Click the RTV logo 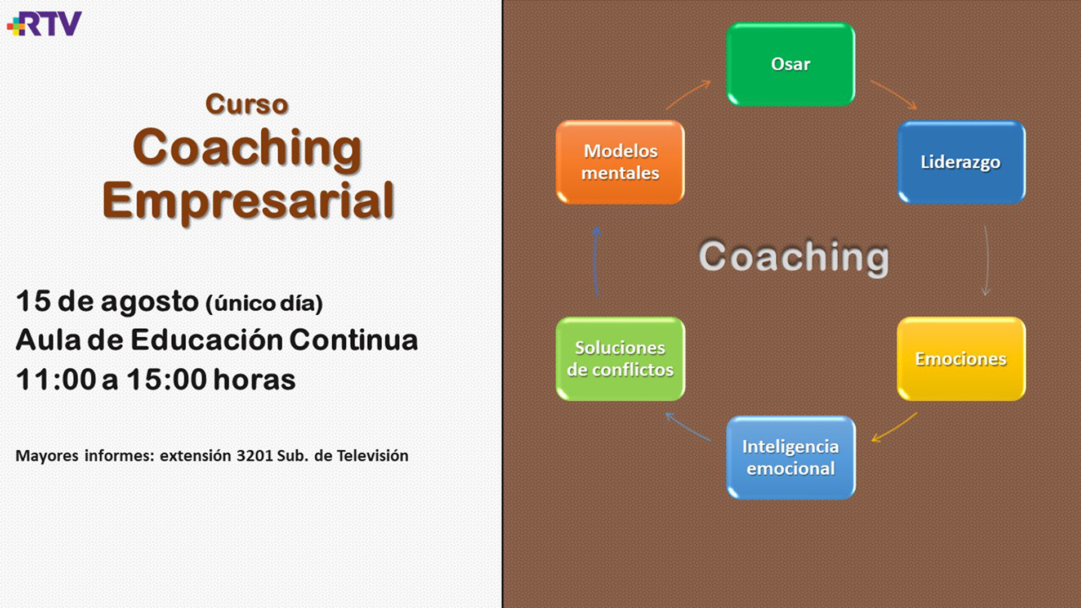[x=44, y=24]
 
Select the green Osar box [x=790, y=64]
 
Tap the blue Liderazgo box [x=961, y=162]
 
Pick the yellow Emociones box [x=961, y=359]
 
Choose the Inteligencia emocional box [x=790, y=457]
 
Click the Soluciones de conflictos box [x=620, y=359]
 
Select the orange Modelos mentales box [x=620, y=162]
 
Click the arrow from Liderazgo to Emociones [x=987, y=261]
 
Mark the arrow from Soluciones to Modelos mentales [x=596, y=262]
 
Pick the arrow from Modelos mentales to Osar [x=687, y=93]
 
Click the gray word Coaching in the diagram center [x=794, y=257]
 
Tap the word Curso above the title [x=247, y=104]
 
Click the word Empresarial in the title [x=248, y=201]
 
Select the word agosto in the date [x=150, y=303]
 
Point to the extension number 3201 [x=254, y=455]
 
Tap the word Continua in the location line [x=354, y=340]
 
